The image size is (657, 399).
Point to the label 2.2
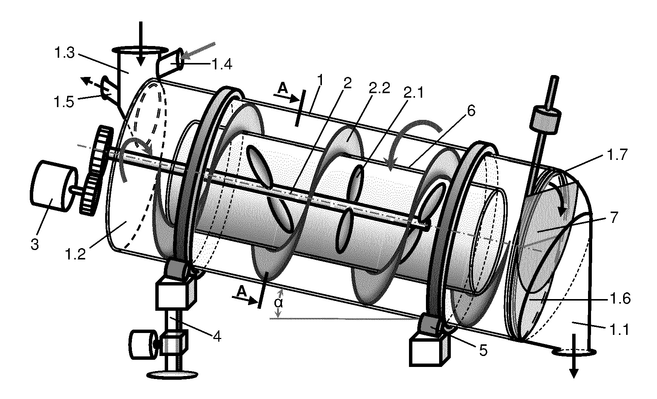(x=378, y=83)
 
